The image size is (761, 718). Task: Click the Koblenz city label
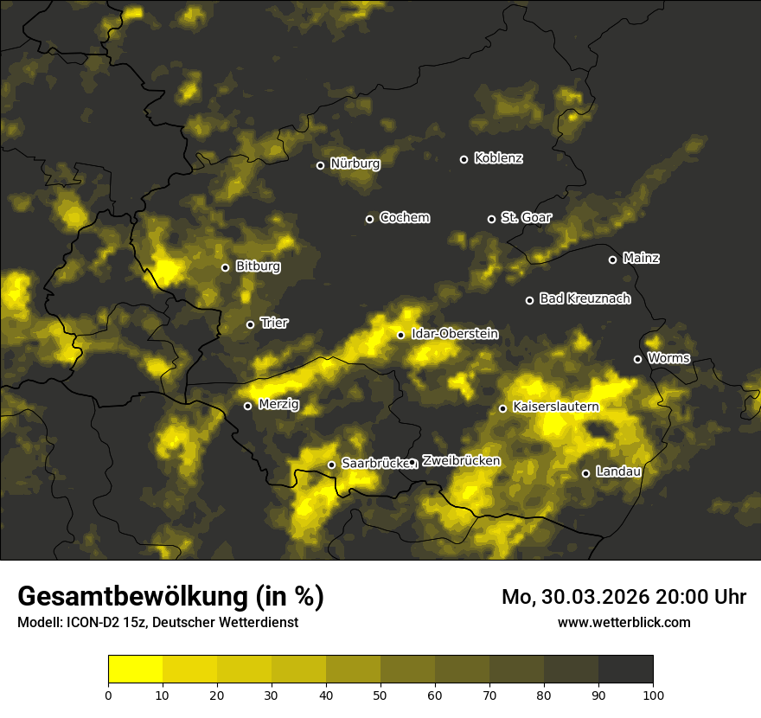tap(498, 158)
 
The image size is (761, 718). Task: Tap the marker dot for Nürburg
tap(320, 165)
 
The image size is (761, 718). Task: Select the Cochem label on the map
tap(404, 218)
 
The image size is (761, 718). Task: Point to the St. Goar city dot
tap(491, 219)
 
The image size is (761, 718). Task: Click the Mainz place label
tap(641, 258)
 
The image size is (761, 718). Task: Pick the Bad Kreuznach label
tap(585, 298)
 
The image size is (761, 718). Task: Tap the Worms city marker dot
tap(637, 359)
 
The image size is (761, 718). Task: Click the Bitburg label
tap(258, 266)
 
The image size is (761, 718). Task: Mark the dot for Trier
tap(250, 324)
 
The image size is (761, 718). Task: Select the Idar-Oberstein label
tap(454, 334)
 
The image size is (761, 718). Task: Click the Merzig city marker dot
tap(247, 406)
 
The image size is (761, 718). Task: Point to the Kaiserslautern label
tap(555, 407)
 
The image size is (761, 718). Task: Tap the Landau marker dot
tap(585, 473)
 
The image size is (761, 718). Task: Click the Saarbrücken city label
tap(374, 464)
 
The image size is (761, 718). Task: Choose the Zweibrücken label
tap(461, 461)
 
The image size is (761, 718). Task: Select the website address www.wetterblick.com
tap(624, 622)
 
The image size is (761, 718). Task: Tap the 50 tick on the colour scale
tap(380, 694)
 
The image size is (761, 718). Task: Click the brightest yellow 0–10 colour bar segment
tap(135, 670)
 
